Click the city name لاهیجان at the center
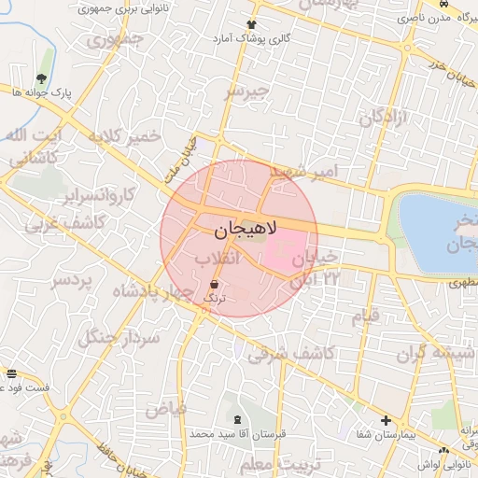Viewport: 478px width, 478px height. pos(238,229)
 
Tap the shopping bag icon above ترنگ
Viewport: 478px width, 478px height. pos(216,283)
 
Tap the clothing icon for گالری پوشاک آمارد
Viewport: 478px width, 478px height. pos(250,24)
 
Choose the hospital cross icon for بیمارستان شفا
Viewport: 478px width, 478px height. pos(385,421)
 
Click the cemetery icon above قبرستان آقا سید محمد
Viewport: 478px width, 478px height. pos(235,421)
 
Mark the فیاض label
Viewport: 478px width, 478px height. pos(166,409)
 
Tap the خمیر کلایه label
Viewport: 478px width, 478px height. pos(123,137)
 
